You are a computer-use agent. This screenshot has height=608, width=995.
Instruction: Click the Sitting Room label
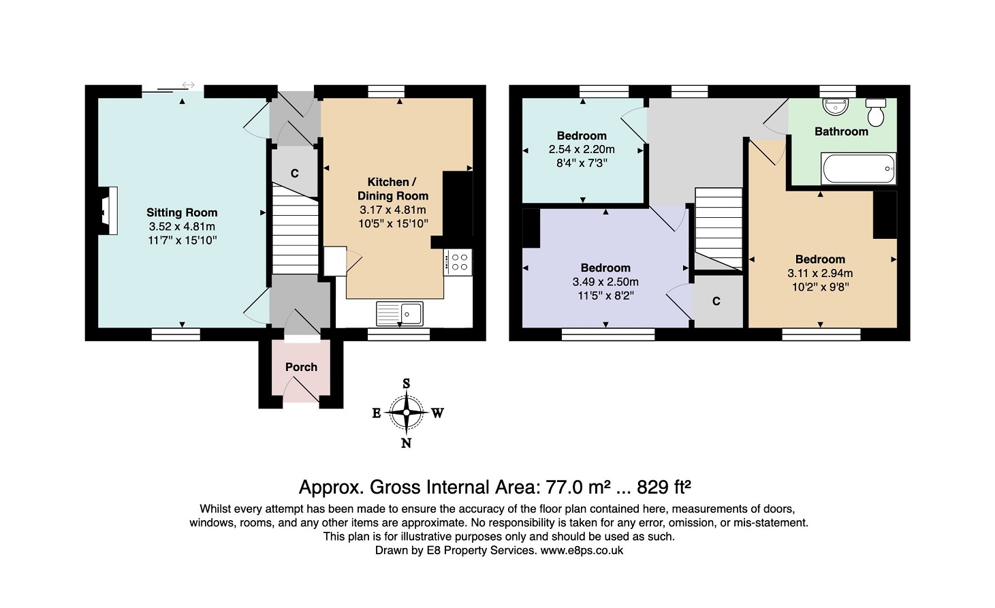[182, 212]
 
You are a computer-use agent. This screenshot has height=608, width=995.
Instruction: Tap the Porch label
[301, 367]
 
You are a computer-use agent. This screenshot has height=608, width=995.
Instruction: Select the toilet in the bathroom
[876, 112]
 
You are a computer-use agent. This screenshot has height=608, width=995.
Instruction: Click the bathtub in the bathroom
[859, 169]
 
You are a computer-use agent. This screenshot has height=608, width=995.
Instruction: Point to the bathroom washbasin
[836, 107]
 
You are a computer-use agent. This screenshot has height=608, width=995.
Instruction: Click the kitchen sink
[399, 314]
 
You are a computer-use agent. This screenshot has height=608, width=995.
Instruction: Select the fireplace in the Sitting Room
[108, 210]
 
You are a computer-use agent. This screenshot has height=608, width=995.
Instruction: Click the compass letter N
[406, 443]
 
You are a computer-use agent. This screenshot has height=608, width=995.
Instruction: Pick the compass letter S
[406, 383]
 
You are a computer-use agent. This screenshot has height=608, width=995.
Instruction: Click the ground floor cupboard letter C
[294, 174]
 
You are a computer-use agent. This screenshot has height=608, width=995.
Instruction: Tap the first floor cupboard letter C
[716, 302]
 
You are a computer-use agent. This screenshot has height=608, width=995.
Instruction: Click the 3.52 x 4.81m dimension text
[182, 227]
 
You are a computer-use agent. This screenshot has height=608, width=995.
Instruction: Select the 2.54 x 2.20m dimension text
[582, 149]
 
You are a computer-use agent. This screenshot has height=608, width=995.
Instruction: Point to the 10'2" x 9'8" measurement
[821, 287]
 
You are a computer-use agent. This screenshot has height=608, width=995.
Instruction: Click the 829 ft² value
[664, 487]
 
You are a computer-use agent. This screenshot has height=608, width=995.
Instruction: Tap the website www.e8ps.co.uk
[582, 551]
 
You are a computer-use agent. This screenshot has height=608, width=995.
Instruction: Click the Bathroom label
[841, 131]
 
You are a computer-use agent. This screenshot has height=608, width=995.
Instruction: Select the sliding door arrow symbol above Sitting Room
[189, 85]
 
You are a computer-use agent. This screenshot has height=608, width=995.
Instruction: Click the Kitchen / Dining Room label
[393, 189]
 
